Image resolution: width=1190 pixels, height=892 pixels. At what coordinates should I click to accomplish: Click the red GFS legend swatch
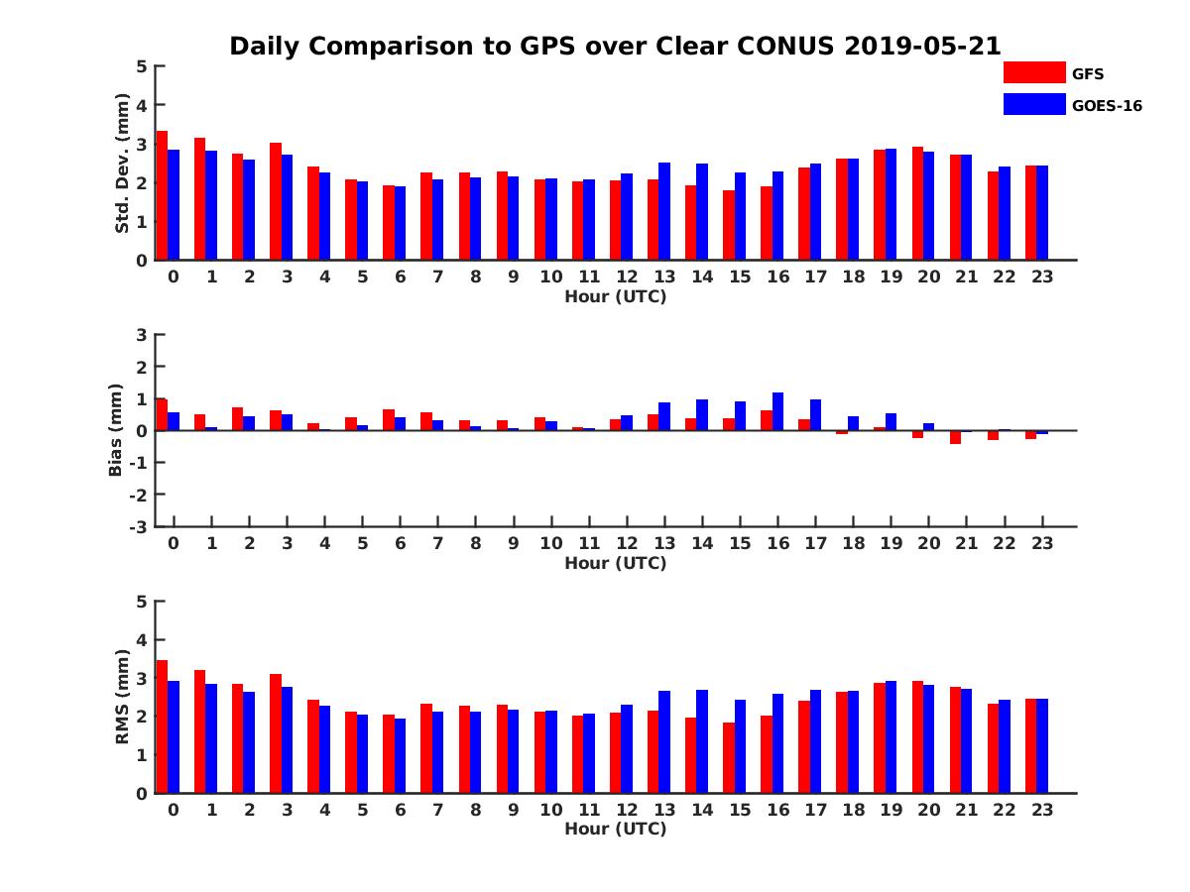1033,72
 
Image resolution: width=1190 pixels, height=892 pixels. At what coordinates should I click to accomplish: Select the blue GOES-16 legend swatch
1033,104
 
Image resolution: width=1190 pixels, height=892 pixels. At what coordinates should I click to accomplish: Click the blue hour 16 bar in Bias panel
777,411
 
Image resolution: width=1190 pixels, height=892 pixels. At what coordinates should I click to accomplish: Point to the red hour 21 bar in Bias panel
955,437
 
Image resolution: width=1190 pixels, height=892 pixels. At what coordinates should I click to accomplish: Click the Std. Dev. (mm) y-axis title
122,164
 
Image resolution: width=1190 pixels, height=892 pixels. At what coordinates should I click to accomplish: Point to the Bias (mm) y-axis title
116,430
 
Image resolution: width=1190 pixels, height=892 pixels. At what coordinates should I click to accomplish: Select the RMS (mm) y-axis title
122,697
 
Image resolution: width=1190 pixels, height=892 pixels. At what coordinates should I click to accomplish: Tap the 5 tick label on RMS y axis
141,601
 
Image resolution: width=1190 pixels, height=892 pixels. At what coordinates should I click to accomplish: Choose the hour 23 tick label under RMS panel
1042,810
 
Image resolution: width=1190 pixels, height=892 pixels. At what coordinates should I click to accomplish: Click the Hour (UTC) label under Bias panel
615,563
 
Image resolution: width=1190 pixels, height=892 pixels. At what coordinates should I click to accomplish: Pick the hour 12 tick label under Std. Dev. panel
627,277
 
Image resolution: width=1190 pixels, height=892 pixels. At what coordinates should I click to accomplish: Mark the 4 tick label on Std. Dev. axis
141,105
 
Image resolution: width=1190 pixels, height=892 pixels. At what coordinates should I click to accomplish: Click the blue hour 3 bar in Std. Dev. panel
287,207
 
